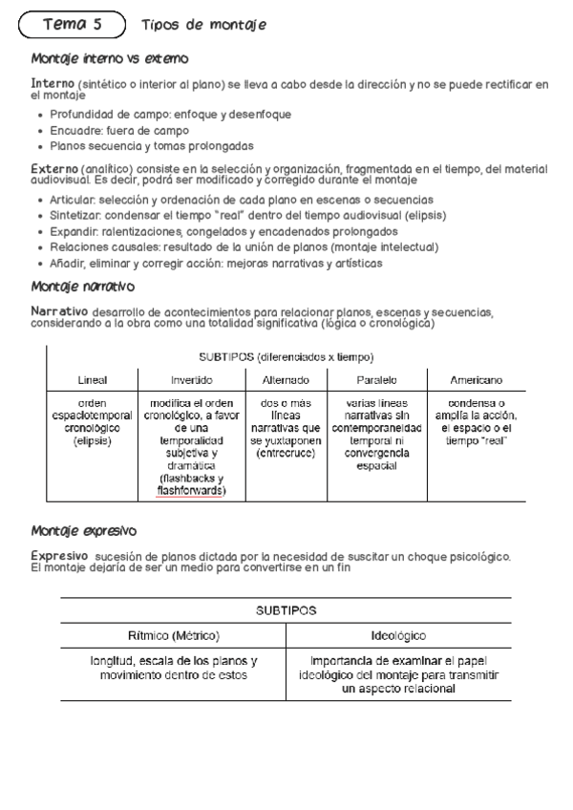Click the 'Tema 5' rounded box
tap(73, 25)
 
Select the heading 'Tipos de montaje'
tap(203, 25)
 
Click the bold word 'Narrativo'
tap(60, 311)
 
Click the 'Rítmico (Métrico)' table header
tap(173, 635)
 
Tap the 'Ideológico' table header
tap(398, 635)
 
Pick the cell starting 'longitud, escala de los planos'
tap(173, 668)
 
